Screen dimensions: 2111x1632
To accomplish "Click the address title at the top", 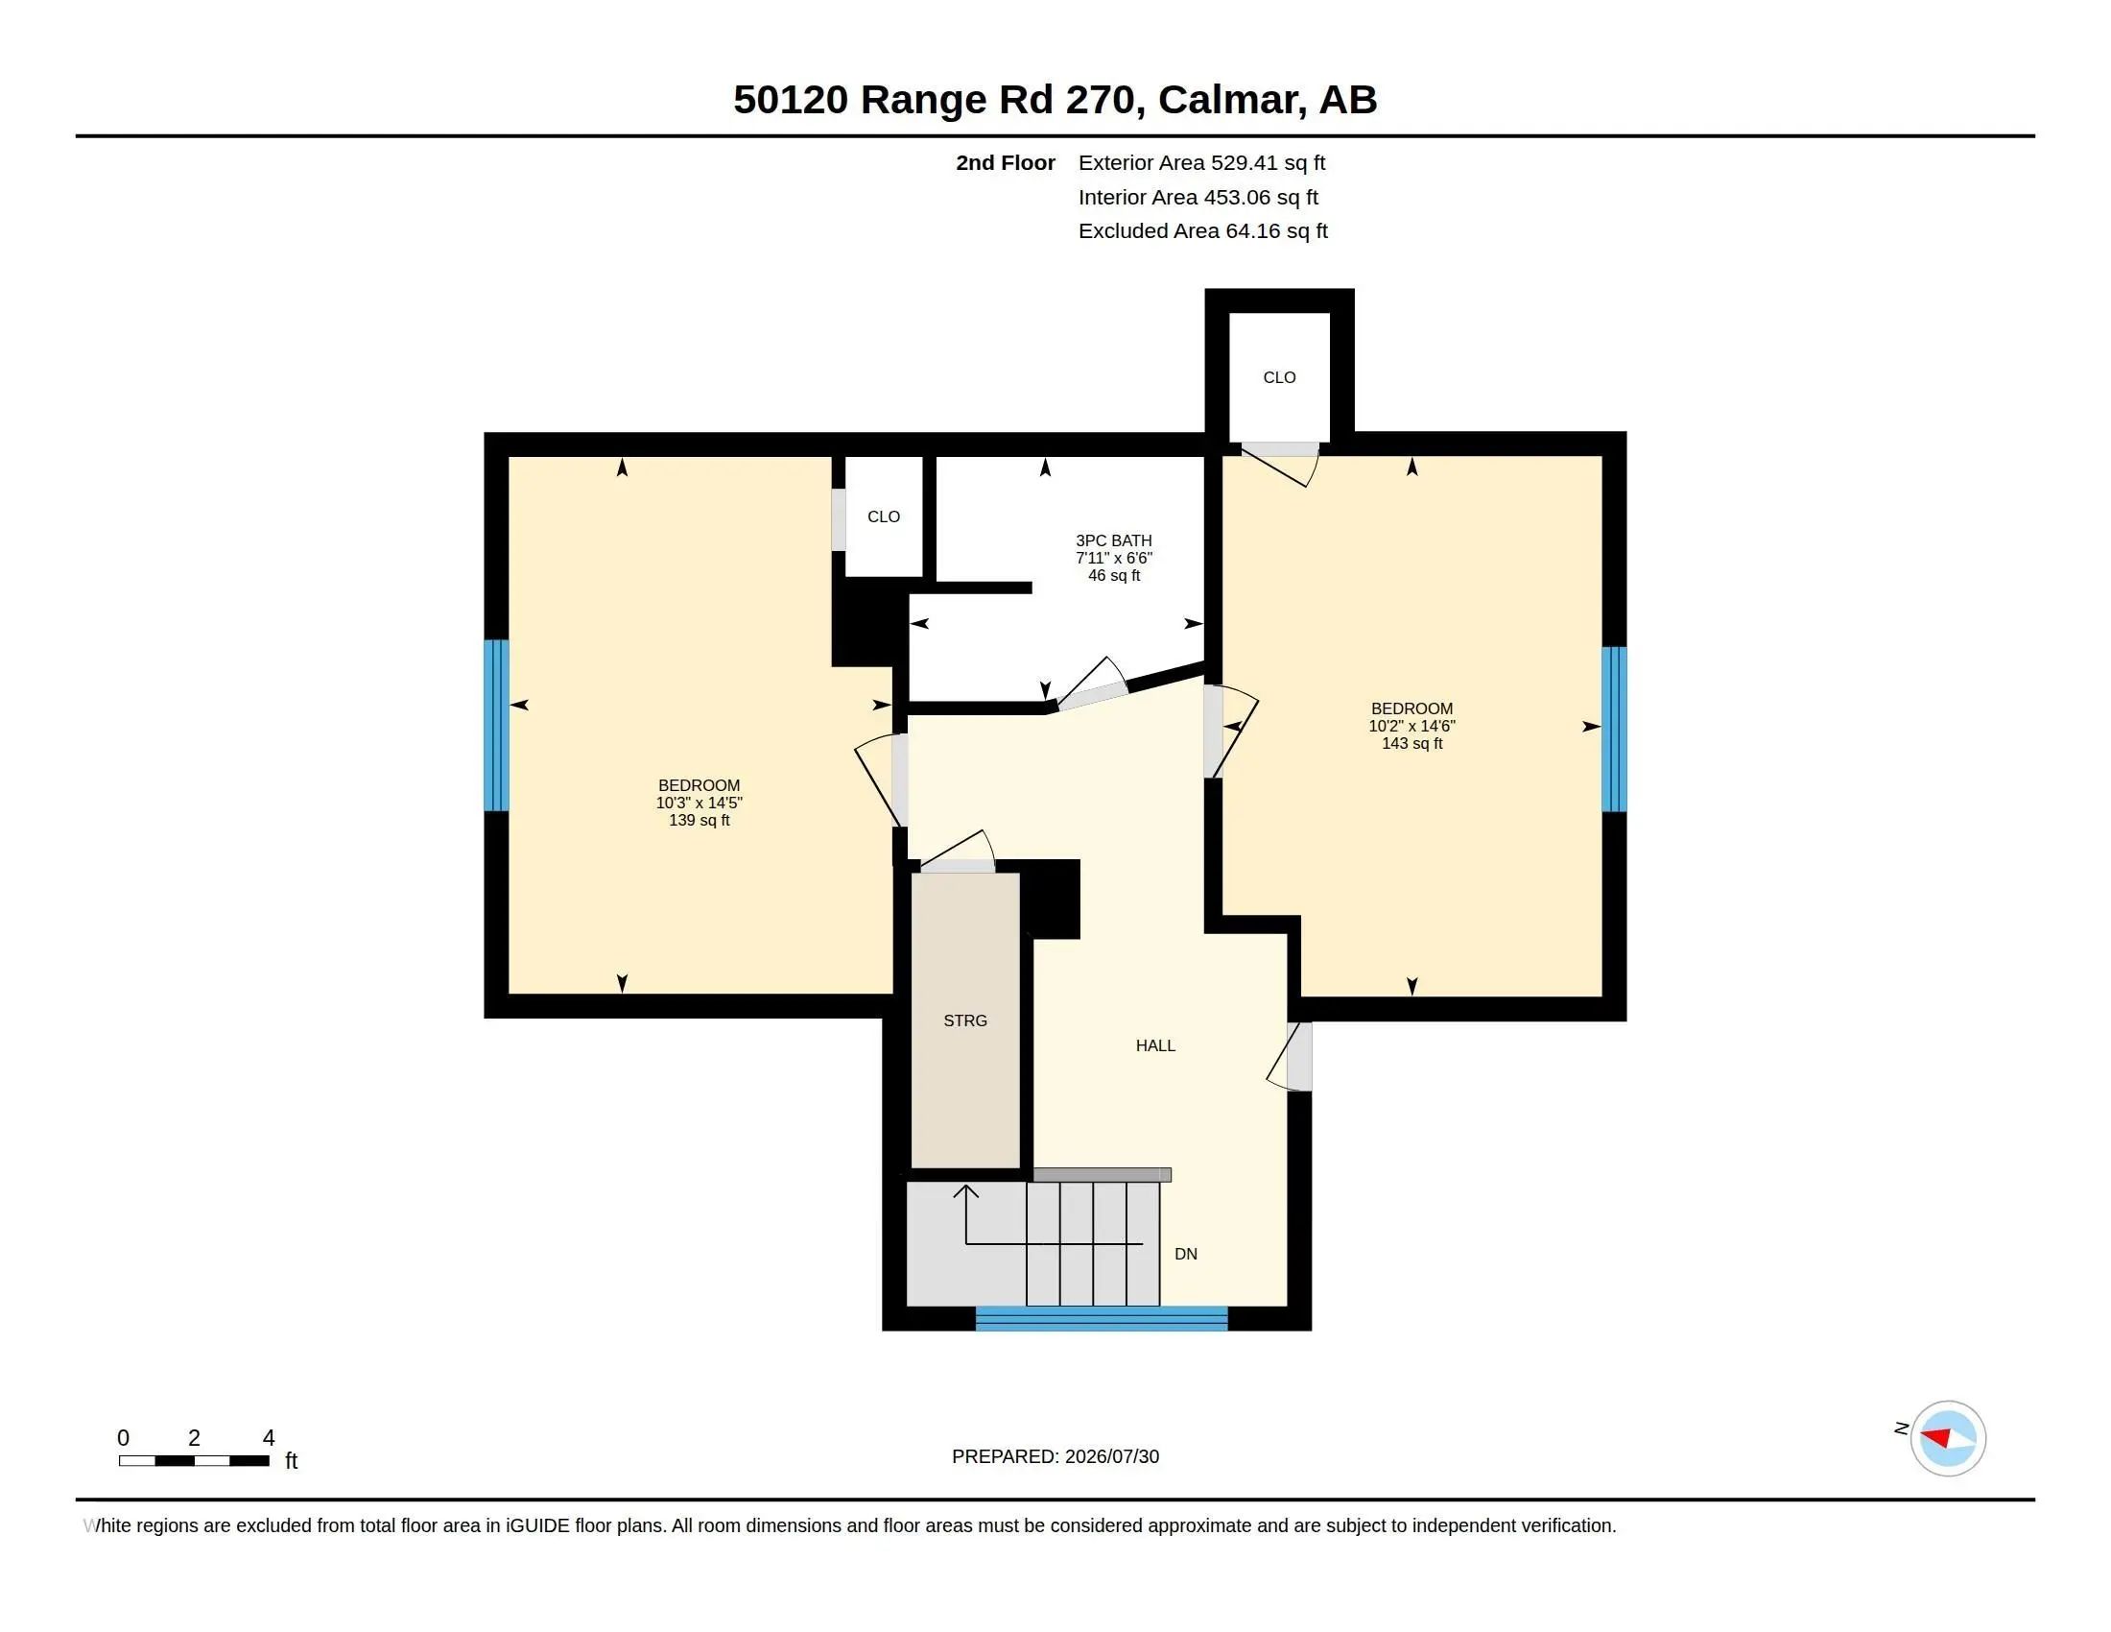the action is point(1055,100).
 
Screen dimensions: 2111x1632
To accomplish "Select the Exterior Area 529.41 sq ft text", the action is point(1201,163).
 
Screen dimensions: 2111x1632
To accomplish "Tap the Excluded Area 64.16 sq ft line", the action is point(1202,231).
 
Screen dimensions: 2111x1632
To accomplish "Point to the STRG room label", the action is point(964,1021).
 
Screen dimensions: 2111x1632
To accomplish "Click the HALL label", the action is point(1155,1045).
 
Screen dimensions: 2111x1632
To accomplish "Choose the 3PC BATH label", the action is point(1113,540).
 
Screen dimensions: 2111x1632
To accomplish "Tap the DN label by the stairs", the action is point(1186,1254).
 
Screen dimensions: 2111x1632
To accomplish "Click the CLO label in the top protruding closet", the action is point(1279,377).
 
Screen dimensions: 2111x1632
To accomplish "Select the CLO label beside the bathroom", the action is point(884,516).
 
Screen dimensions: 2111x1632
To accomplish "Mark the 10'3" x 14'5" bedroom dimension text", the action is point(699,803).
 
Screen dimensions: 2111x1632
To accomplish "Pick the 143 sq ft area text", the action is point(1411,743).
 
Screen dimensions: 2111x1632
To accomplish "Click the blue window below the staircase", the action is point(1101,1318).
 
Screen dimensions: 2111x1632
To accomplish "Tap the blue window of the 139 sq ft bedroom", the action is point(496,725).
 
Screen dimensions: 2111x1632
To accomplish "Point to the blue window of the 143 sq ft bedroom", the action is point(1614,729).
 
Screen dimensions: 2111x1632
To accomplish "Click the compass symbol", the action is point(1948,1439).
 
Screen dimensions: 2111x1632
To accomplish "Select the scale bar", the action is point(194,1461).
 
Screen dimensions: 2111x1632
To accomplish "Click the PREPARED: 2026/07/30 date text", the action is point(1055,1456).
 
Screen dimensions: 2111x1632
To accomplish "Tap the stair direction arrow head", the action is point(965,1191).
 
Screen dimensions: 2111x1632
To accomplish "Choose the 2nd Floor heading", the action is point(1006,163).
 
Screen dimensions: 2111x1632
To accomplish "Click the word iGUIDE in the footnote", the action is point(537,1525).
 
